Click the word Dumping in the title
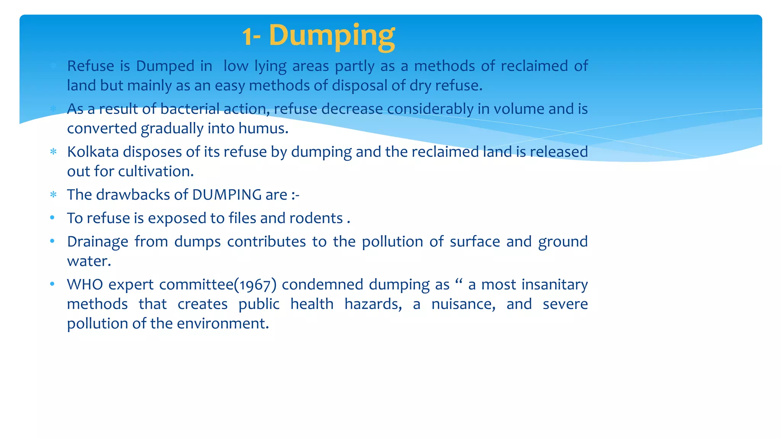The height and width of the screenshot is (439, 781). (x=332, y=35)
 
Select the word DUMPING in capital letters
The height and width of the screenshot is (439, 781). (x=227, y=195)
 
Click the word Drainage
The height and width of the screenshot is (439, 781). (x=97, y=242)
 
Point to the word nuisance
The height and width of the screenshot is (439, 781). (x=463, y=304)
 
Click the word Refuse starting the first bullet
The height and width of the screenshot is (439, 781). (x=90, y=66)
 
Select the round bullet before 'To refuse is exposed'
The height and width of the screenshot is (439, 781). (x=53, y=218)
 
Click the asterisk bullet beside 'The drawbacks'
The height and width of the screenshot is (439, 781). (x=53, y=195)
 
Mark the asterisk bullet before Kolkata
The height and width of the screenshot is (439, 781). (x=53, y=152)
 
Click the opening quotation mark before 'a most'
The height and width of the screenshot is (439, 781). (x=459, y=282)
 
